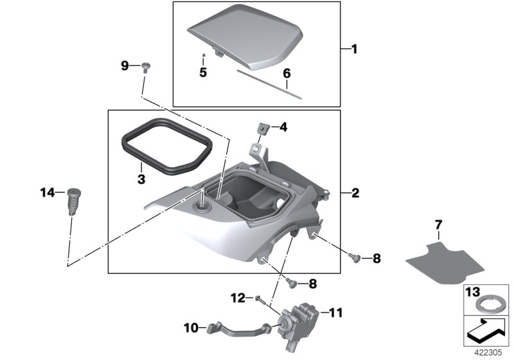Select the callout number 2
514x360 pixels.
(353, 192)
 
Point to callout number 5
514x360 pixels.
(202, 72)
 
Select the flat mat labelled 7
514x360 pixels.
(445, 260)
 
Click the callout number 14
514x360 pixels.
(47, 192)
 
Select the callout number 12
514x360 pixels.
(238, 297)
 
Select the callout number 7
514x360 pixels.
(438, 225)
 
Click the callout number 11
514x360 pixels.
(336, 313)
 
